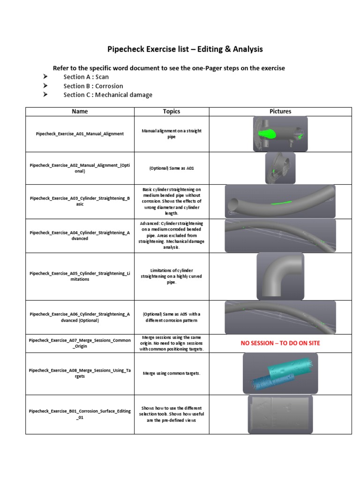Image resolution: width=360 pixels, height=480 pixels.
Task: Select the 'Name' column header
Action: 80,112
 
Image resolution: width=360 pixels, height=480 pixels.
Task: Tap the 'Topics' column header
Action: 172,112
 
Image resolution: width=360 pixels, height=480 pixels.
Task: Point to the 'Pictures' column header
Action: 280,112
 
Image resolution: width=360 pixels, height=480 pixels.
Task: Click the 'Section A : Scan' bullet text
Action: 86,77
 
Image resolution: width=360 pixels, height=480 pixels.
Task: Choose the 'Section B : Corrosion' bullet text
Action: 93,86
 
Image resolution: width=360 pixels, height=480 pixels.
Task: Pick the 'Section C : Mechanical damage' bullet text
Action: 108,95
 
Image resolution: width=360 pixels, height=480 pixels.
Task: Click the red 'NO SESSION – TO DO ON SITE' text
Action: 280,343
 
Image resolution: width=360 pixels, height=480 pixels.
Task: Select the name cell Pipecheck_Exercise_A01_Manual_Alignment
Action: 80,134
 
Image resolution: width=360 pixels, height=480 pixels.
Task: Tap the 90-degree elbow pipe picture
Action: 280,276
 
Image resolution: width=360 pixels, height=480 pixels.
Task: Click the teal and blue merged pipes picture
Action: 280,373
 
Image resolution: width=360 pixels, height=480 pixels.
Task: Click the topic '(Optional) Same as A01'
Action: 172,169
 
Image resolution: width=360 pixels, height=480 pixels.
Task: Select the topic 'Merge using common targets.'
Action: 172,373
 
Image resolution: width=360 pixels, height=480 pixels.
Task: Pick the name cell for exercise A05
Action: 80,276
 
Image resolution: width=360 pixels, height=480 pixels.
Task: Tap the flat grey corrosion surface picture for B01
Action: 280,414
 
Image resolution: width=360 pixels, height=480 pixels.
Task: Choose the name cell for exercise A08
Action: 80,373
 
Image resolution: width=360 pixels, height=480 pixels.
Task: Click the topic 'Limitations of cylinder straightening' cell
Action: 172,276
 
